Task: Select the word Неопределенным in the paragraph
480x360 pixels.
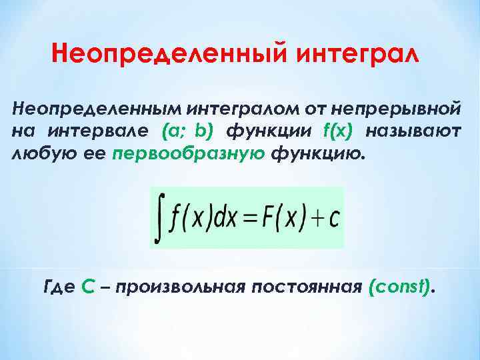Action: [x=96, y=107]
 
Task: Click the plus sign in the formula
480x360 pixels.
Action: [x=317, y=217]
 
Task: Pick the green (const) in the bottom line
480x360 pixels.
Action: [x=399, y=287]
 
